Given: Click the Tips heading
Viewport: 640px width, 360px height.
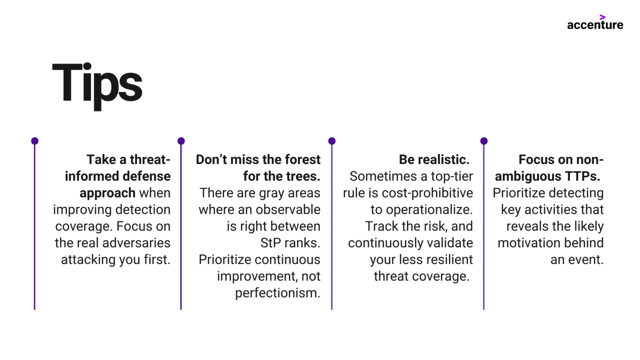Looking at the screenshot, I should coord(97,84).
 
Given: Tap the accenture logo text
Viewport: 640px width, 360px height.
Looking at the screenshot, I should coord(595,25).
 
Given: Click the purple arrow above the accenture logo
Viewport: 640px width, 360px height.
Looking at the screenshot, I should coord(602,17).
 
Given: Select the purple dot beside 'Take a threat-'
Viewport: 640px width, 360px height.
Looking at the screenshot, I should coord(35,141).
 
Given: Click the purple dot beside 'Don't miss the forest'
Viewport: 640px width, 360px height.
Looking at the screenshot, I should coord(181,141).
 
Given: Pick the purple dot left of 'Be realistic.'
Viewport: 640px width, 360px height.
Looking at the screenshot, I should coord(332,141).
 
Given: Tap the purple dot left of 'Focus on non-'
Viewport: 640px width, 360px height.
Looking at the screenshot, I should coord(484,141).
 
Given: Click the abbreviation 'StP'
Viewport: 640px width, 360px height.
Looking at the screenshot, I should coord(271,243).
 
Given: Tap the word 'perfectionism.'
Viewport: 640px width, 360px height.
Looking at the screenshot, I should coord(277,293).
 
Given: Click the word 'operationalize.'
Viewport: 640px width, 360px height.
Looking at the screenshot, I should coord(422,210).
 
